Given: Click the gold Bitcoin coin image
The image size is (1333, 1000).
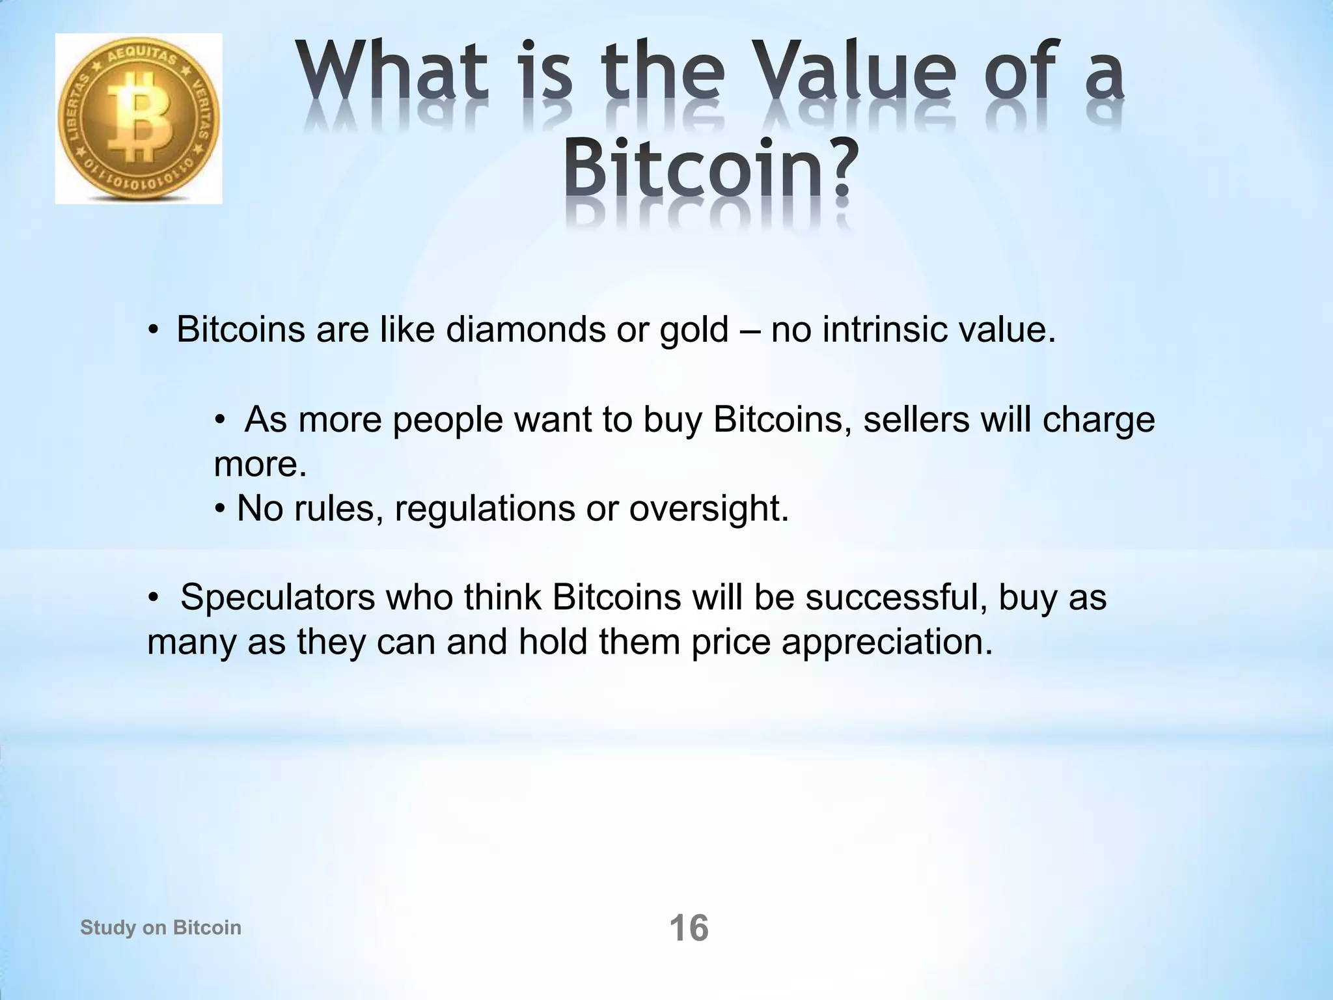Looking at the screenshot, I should point(139,119).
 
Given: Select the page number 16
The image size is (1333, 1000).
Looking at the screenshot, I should point(689,928).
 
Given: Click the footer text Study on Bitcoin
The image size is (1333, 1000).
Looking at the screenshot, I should point(161,927).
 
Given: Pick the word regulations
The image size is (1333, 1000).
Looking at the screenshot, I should point(485,508).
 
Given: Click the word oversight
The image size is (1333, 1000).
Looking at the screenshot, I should point(709,508).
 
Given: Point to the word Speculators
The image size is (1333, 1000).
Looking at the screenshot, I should point(278,598).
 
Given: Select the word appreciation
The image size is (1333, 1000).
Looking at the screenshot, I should point(887,643).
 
